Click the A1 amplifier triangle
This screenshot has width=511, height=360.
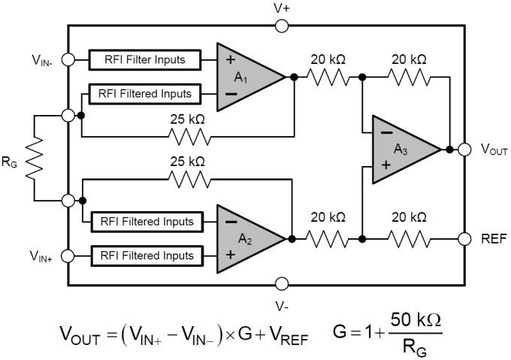coord(244,77)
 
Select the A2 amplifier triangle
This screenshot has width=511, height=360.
coord(244,238)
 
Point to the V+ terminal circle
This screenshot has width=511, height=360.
coord(282,26)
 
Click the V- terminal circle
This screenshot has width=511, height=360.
coord(282,284)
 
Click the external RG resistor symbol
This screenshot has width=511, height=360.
coord(35,159)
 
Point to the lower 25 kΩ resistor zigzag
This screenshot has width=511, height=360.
coord(188,179)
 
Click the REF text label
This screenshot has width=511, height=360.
coord(493,239)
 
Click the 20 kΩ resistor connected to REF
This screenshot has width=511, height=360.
coord(410,238)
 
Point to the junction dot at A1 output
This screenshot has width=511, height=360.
coord(294,77)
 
